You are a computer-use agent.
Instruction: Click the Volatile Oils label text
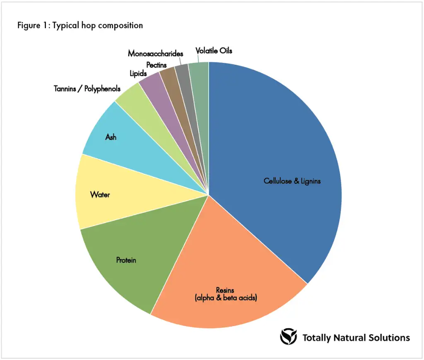pyautogui.click(x=214, y=51)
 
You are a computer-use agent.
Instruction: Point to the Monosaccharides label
pyautogui.click(x=155, y=54)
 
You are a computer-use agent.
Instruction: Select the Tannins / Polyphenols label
pyautogui.click(x=87, y=89)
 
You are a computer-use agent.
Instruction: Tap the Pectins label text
pyautogui.click(x=157, y=65)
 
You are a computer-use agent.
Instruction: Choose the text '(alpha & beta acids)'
pyautogui.click(x=226, y=298)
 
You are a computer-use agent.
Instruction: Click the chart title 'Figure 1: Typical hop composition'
pyautogui.click(x=80, y=25)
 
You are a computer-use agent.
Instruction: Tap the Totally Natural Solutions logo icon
pyautogui.click(x=288, y=337)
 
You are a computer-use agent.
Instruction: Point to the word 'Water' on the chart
pyautogui.click(x=100, y=194)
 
